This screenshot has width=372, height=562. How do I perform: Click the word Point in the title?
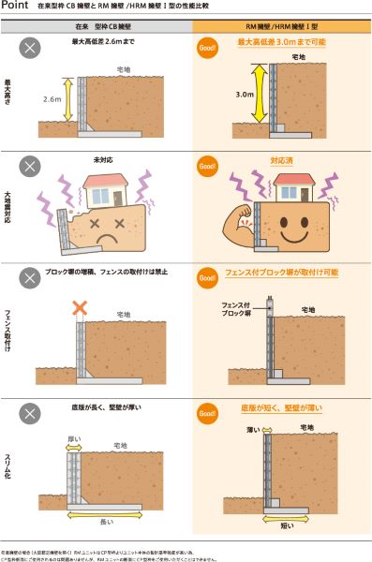[x=18, y=7]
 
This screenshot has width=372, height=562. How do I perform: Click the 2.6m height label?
[x=52, y=98]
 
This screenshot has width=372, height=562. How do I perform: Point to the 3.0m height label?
[x=245, y=95]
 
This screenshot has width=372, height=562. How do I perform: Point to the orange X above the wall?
[x=81, y=308]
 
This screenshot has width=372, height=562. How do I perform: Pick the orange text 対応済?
[x=281, y=160]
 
